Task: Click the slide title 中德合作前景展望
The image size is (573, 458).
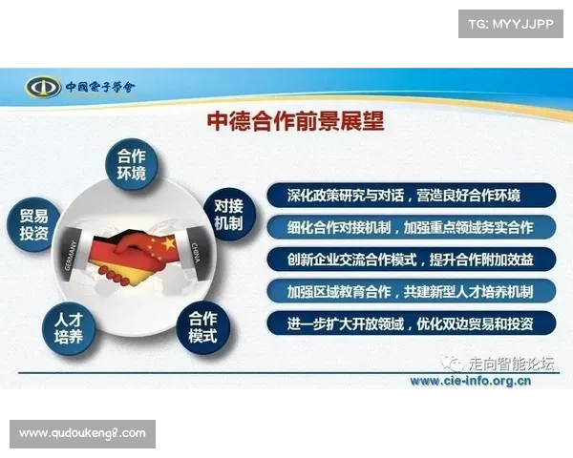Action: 296,121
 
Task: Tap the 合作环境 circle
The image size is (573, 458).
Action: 131,166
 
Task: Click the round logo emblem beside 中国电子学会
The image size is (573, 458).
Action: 43,87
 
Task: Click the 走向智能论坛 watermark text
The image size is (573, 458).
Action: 509,364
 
